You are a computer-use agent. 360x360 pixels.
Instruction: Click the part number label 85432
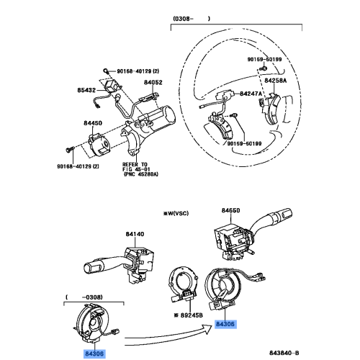pyautogui.click(x=86, y=91)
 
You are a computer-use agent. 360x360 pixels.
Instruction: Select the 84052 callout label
pyautogui.click(x=153, y=84)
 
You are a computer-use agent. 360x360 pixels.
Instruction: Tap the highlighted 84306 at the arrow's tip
pyautogui.click(x=226, y=325)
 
